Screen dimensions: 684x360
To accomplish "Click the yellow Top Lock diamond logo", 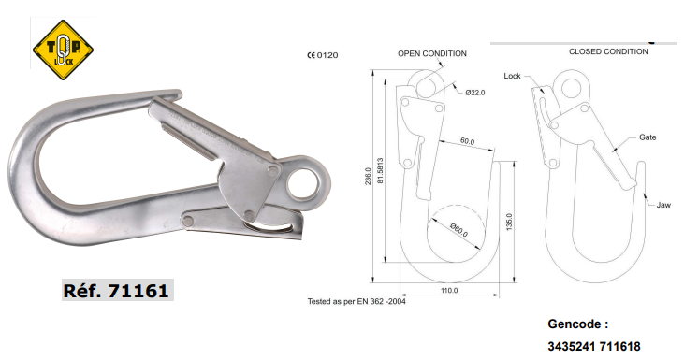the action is point(64,50).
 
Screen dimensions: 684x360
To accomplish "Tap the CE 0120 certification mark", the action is point(323,55).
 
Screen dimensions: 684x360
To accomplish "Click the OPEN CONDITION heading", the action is point(432,53).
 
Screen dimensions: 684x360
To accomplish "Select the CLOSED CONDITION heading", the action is point(608,51).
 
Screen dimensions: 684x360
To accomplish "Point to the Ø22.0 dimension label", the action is point(474,93).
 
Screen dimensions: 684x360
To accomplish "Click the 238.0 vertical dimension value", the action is point(368,176).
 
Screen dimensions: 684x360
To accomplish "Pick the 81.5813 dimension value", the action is point(380,170).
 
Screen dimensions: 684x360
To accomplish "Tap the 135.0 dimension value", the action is point(509,223).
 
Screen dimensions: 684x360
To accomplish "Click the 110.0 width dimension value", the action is point(449,290).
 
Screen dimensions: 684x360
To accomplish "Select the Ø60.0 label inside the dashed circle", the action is point(458,230).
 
